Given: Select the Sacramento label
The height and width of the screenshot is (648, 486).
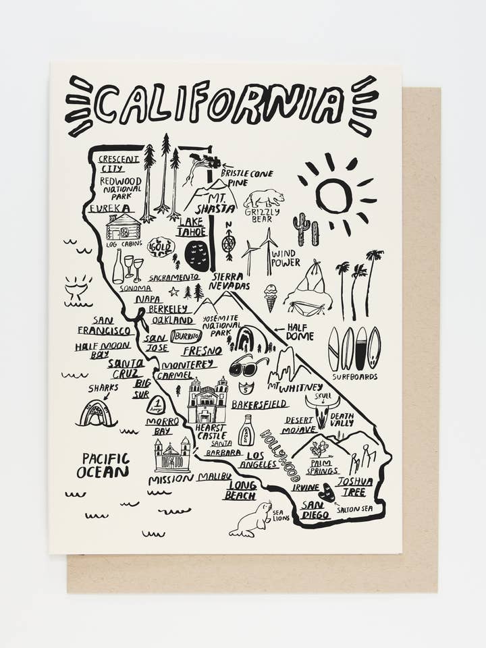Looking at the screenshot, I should [x=174, y=277].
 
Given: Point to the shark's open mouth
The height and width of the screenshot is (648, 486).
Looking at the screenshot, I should [x=97, y=414].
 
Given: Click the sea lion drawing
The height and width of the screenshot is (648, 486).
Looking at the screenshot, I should [x=251, y=520].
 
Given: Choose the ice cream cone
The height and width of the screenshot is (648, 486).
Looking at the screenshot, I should [x=270, y=296].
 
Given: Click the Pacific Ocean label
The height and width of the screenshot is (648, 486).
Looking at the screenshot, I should [x=102, y=465].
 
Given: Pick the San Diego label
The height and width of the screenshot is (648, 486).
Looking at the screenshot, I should [x=316, y=509].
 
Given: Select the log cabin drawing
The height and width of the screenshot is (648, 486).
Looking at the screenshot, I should [x=124, y=227].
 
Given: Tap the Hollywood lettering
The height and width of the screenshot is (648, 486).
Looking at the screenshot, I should [x=280, y=456].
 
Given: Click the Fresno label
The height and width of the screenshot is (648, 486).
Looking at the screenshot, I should [x=201, y=351].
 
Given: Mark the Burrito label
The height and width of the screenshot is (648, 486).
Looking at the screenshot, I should [x=186, y=335].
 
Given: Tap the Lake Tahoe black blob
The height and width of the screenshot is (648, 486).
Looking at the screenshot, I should [x=197, y=255].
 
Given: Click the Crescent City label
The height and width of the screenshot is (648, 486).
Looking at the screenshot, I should [x=119, y=163].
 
